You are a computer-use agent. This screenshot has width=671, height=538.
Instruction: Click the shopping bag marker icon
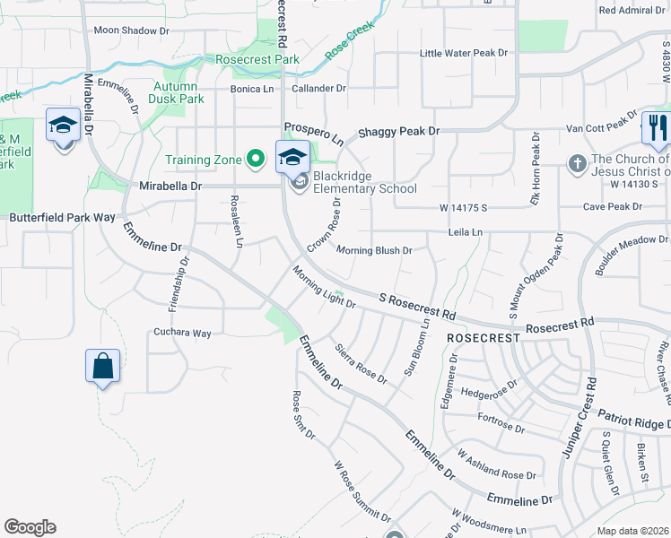102,367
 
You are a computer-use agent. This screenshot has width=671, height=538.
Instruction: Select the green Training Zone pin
256,160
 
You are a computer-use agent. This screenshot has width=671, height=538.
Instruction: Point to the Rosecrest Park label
257,59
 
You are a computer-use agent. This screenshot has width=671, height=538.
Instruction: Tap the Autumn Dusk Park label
179,92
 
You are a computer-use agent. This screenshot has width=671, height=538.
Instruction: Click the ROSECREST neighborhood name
483,338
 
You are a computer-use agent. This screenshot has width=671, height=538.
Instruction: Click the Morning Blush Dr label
374,251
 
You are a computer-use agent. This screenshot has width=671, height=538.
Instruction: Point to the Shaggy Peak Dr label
398,132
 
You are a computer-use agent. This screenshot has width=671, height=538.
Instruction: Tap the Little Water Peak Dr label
464,54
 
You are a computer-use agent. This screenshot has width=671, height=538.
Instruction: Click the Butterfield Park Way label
63,217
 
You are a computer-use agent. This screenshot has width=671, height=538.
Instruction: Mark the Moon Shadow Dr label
131,30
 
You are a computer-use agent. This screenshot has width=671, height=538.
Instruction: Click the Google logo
30,526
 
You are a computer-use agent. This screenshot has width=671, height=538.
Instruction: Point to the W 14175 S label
463,208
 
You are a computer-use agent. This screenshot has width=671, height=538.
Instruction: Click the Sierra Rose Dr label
360,361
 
